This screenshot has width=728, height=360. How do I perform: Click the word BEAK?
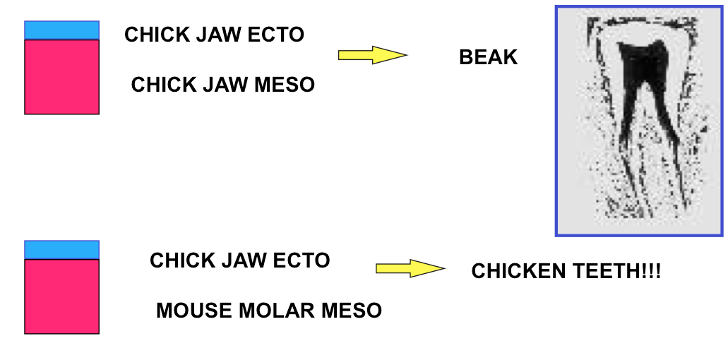(x=488, y=57)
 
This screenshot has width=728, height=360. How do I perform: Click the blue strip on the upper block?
(x=61, y=30)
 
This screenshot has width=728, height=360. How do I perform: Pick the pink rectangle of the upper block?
(x=61, y=76)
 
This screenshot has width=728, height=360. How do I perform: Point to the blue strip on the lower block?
(x=61, y=250)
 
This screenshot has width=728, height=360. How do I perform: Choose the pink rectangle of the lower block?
(x=61, y=296)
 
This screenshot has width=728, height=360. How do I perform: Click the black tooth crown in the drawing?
(x=643, y=60)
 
